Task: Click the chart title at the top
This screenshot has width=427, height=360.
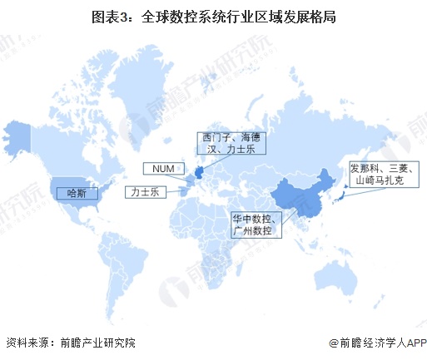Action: (213, 16)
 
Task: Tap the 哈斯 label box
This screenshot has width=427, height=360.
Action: (72, 193)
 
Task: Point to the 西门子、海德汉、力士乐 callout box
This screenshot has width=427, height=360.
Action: (232, 143)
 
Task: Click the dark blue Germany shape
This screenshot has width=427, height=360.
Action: (200, 172)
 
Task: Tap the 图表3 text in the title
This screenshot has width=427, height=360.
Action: (109, 16)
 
